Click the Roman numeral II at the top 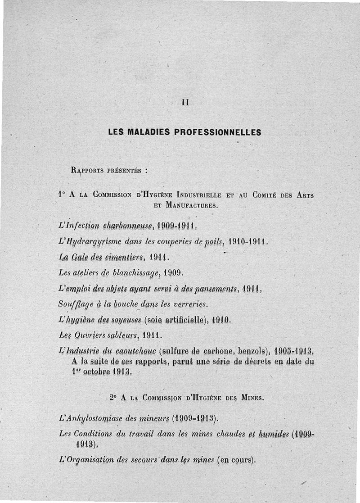click(184, 102)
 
